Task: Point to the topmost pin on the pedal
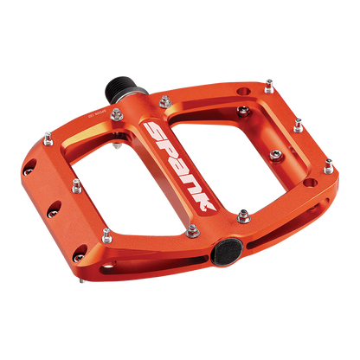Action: (x=268, y=81)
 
